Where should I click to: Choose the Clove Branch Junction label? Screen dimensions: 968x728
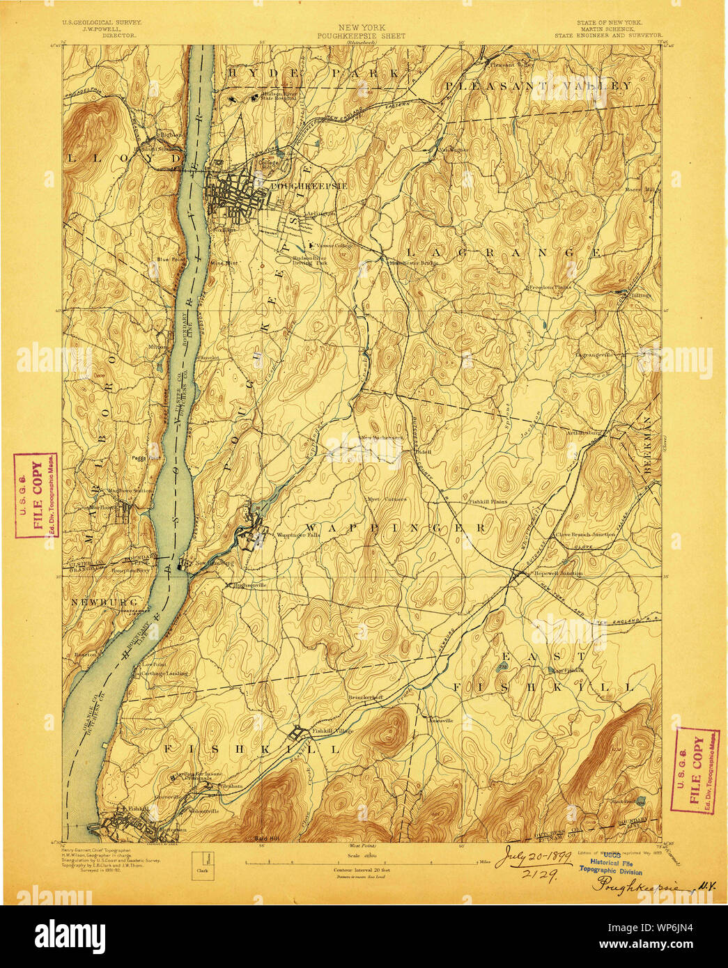pyautogui.click(x=584, y=535)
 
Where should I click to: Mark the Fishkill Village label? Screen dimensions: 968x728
pyautogui.click(x=332, y=731)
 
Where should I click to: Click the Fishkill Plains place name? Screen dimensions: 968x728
pyautogui.click(x=487, y=501)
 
